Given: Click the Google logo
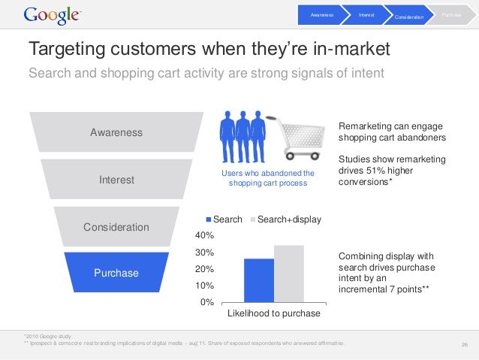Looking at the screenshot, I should (53, 15).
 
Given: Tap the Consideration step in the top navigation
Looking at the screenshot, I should (409, 15).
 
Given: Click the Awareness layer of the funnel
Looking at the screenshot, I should (116, 132).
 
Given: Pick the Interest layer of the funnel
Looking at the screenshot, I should (116, 180).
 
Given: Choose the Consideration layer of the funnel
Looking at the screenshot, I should (116, 227).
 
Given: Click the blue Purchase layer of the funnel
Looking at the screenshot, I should (116, 273).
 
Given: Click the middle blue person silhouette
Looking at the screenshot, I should (242, 137).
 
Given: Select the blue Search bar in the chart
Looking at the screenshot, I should (259, 280).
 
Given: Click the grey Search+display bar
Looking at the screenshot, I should (289, 274).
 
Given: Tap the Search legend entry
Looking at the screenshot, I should (223, 219).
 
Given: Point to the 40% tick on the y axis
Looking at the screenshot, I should (205, 235).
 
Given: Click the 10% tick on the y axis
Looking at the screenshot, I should (205, 286).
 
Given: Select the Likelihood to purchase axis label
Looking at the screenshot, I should (273, 313).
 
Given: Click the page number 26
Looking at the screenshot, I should (464, 345).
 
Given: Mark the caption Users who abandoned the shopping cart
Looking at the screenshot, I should (268, 178).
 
